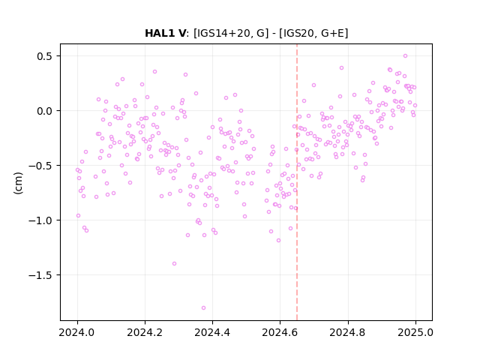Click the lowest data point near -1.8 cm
click(203, 308)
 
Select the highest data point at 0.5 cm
click(405, 56)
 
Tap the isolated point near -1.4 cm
click(174, 263)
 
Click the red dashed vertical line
click(297, 182)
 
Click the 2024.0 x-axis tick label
click(76, 332)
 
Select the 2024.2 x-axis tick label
click(145, 332)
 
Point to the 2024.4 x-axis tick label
click(212, 332)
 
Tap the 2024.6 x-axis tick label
click(280, 332)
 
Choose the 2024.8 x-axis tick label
click(347, 332)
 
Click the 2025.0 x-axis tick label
click(415, 332)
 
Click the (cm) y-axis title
click(18, 183)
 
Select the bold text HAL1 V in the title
click(165, 33)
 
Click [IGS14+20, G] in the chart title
click(231, 33)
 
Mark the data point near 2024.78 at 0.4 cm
click(342, 68)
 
